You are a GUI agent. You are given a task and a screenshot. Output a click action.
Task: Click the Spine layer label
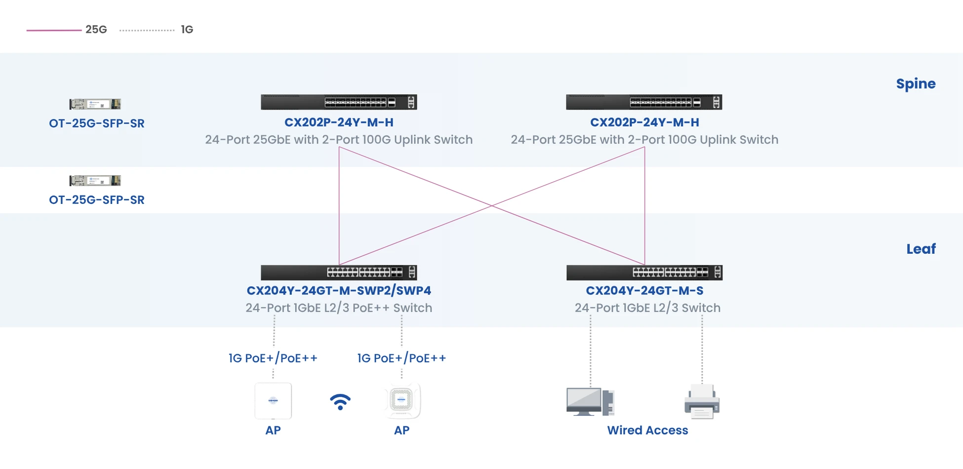(x=915, y=84)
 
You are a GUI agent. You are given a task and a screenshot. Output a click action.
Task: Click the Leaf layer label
(x=921, y=249)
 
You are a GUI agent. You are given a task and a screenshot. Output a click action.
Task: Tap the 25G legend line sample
(x=54, y=30)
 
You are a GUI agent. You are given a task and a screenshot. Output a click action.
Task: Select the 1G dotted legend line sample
(x=147, y=30)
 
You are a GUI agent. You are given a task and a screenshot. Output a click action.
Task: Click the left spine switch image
(x=339, y=102)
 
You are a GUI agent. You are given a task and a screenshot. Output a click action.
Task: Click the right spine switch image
(x=644, y=102)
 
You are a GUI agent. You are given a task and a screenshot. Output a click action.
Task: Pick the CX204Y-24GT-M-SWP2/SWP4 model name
(x=339, y=291)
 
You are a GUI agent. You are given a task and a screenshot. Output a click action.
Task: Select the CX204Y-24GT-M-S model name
(x=644, y=291)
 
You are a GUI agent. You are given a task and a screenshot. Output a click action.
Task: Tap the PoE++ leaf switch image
(x=339, y=273)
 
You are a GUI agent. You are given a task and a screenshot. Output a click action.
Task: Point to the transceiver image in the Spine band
(x=95, y=104)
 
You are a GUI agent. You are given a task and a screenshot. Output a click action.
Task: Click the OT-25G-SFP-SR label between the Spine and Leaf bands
(x=97, y=200)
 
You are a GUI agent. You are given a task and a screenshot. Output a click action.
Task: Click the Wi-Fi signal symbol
(x=340, y=401)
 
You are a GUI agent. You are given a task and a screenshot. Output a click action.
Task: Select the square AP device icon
(x=273, y=400)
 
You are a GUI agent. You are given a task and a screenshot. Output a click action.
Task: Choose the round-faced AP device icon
(x=401, y=400)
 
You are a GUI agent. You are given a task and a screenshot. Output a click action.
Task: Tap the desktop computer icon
(x=590, y=402)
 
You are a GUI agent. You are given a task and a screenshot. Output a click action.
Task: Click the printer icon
(x=702, y=402)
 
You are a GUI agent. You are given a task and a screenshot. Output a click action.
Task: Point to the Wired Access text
(x=647, y=430)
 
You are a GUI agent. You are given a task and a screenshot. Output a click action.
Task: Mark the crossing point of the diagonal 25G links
(x=492, y=206)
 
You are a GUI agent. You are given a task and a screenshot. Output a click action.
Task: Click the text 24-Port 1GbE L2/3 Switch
(x=647, y=308)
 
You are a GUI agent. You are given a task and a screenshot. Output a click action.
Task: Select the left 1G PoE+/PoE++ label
(x=273, y=358)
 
